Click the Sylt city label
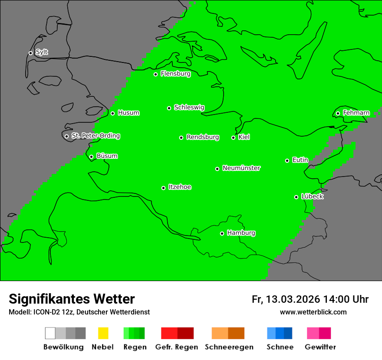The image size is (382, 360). click(x=42, y=52)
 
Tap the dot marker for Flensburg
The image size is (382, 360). click(x=155, y=74)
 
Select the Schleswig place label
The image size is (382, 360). click(x=189, y=108)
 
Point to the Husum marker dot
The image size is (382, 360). click(x=112, y=113)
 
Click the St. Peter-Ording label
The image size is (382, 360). click(x=95, y=136)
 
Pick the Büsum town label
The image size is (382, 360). click(x=107, y=156)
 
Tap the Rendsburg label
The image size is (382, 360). click(x=203, y=137)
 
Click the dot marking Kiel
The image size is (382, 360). click(x=233, y=137)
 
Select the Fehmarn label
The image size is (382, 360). click(x=356, y=113)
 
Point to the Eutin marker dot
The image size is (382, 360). click(x=287, y=160)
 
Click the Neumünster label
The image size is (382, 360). click(x=241, y=168)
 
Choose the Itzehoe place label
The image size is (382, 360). click(x=180, y=187)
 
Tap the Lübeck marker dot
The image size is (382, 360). click(x=296, y=197)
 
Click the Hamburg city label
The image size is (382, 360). click(x=241, y=233)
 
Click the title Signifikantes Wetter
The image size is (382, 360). click(x=72, y=299)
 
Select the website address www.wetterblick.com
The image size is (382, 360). click(x=313, y=312)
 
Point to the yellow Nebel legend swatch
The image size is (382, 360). click(x=103, y=333)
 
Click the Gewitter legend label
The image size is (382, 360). click(x=320, y=347)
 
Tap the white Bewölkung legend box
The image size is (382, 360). click(x=50, y=333)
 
